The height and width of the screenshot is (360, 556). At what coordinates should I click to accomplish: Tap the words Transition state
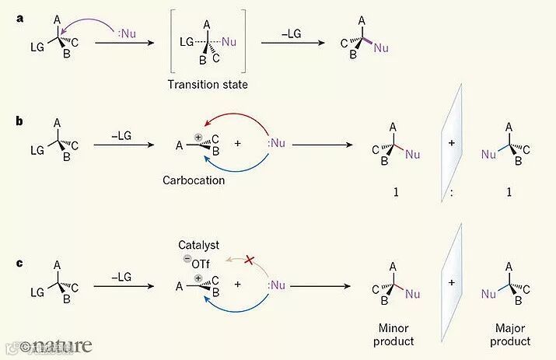[x=208, y=83]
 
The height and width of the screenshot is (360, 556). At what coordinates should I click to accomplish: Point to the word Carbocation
[x=193, y=180]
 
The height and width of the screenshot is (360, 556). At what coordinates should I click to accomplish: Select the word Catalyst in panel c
[x=197, y=243]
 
